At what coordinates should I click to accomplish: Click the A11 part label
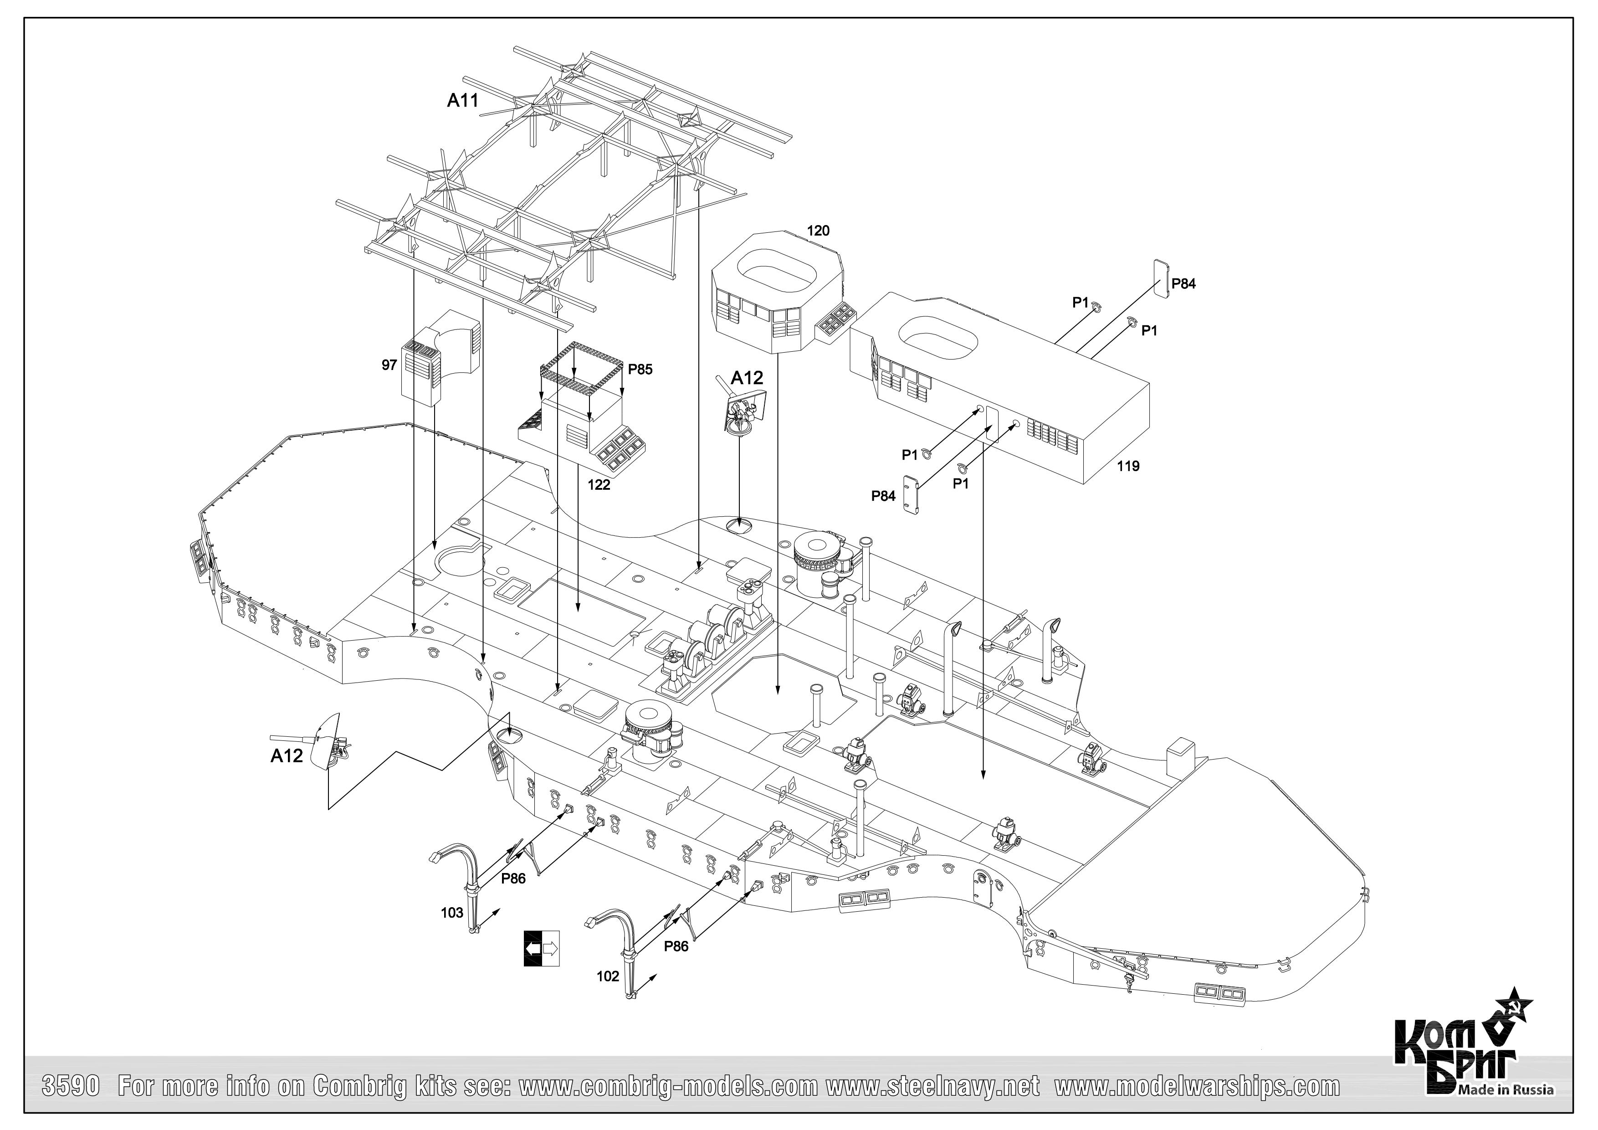tap(463, 101)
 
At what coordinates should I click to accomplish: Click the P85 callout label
tap(640, 370)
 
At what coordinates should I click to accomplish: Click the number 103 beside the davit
tap(452, 913)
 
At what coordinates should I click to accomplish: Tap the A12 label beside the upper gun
tap(747, 378)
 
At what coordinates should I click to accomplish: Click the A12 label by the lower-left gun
tap(287, 756)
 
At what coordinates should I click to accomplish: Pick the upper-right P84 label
tap(1183, 284)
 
